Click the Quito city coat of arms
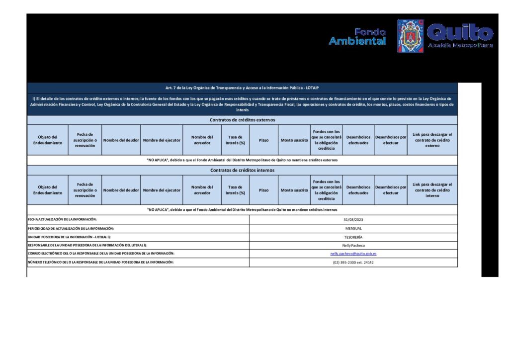click(411, 36)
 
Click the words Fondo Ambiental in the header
click(357, 37)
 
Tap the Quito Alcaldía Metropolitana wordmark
click(460, 36)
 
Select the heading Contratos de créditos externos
click(242, 120)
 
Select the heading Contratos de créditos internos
click(242, 170)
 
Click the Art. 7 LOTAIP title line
click(242, 88)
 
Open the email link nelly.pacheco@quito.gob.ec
click(353, 254)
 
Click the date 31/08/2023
click(353, 219)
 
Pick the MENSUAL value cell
click(353, 228)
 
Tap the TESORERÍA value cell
click(353, 237)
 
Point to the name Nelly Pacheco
click(353, 245)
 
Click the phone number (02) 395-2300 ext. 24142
click(353, 262)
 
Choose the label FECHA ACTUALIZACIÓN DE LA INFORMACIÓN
click(62, 219)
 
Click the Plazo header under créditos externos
click(263, 140)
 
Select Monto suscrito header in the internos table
click(294, 190)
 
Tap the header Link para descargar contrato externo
click(432, 140)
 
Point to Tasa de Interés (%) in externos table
click(235, 140)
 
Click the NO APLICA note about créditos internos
click(242, 210)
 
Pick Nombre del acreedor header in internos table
click(202, 190)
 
